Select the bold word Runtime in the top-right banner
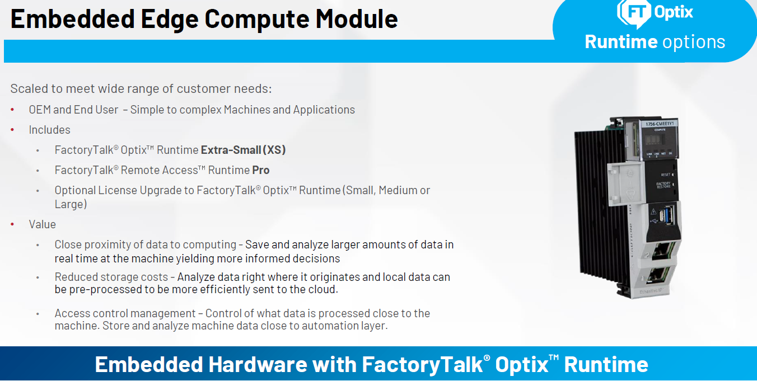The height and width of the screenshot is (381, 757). [x=621, y=42]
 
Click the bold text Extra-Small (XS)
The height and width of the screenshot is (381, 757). [x=244, y=150]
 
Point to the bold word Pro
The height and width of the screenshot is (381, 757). [x=261, y=170]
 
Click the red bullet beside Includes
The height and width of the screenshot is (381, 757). [x=13, y=130]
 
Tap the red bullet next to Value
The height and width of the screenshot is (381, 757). [x=13, y=224]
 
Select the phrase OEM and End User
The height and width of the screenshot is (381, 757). [x=73, y=110]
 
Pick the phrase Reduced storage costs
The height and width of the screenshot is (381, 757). [x=111, y=277]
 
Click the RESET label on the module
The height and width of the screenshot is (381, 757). [x=665, y=174]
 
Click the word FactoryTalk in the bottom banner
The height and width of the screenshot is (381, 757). [x=421, y=365]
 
